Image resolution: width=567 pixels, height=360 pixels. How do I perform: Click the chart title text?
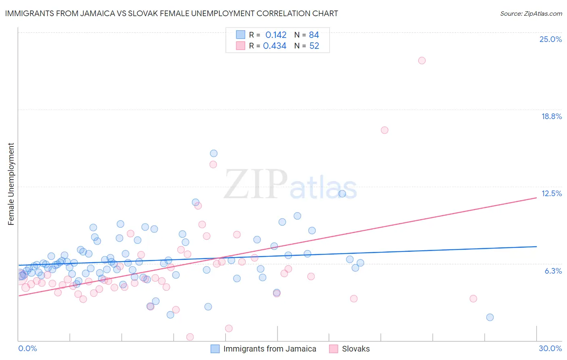[x=171, y=13]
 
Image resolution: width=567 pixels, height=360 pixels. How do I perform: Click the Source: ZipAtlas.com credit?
[x=531, y=13]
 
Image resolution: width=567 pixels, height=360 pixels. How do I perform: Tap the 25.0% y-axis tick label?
[x=550, y=39]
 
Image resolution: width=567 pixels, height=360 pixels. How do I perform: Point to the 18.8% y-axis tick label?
[x=551, y=116]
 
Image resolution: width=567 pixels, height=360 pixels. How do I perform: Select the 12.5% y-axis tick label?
[x=551, y=193]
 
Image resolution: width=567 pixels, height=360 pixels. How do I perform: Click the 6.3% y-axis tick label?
[x=553, y=271]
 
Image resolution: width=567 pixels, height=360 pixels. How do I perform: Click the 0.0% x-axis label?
[x=27, y=348]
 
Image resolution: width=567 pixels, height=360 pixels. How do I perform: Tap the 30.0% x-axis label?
[x=550, y=348]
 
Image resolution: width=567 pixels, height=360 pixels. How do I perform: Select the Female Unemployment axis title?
[x=11, y=184]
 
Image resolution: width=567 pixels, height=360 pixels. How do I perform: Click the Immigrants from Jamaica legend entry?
[x=264, y=349]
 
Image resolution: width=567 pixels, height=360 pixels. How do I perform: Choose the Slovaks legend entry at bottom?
[x=350, y=349]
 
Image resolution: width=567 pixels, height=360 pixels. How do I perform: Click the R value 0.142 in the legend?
[x=276, y=35]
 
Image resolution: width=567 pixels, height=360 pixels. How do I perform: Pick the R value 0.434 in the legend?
[x=275, y=46]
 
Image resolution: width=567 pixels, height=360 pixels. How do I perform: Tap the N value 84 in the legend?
[x=314, y=35]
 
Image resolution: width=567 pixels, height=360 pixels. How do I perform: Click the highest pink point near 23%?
[x=422, y=61]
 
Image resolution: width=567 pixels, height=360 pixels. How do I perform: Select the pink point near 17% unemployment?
[x=384, y=130]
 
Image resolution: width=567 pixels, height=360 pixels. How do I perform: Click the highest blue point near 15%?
[x=214, y=153]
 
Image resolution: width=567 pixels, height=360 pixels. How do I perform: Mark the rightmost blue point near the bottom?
[x=490, y=317]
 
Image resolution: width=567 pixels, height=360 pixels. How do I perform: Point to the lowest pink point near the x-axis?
[x=190, y=337]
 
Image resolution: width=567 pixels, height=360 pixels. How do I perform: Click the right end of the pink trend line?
[x=536, y=198]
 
